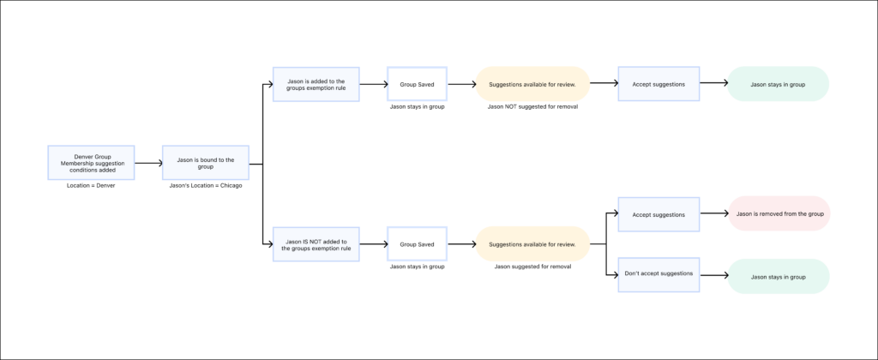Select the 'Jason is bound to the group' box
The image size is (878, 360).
[x=206, y=163]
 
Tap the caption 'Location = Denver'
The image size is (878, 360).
[x=91, y=186]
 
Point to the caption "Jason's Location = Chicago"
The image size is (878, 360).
[x=206, y=186]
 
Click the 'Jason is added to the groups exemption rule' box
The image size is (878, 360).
[x=316, y=85]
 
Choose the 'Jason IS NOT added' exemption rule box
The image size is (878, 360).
[x=316, y=244]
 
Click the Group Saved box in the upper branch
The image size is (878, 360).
[x=417, y=85]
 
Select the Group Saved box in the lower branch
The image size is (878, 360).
[x=417, y=244]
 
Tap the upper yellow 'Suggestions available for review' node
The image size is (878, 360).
[x=532, y=85]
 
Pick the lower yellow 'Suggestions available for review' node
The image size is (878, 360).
[x=532, y=244]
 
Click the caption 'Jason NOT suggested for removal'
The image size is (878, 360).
[x=532, y=107]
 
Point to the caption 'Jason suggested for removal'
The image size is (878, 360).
[x=532, y=267]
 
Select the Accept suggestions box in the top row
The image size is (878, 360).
[x=658, y=85]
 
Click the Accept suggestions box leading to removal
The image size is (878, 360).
[x=658, y=214]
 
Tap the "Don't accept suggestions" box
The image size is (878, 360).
[x=658, y=276]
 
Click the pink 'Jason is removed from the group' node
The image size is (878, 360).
[x=779, y=214]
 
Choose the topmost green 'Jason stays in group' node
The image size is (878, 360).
[x=779, y=85]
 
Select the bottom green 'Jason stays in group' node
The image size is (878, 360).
[x=779, y=276]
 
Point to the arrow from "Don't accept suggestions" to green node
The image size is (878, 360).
[x=713, y=276]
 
